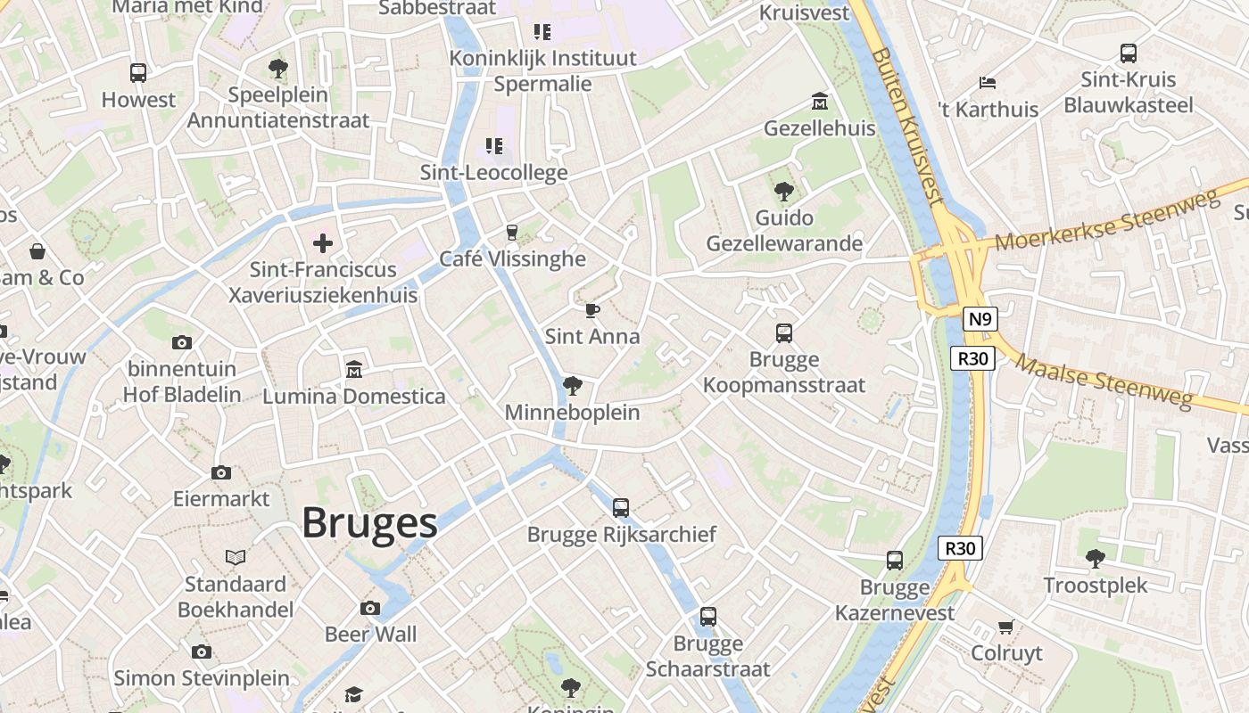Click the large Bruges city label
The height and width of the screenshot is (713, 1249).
pyautogui.click(x=369, y=523)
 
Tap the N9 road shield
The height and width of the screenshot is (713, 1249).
pyautogui.click(x=980, y=319)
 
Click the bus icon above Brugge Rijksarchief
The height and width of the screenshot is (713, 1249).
pyautogui.click(x=621, y=508)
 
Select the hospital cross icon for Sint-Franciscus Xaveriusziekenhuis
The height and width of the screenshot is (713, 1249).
pyautogui.click(x=323, y=242)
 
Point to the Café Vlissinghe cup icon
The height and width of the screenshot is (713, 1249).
pyautogui.click(x=511, y=233)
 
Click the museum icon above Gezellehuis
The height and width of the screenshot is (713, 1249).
pyautogui.click(x=819, y=102)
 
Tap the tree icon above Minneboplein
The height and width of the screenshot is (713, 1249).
pyautogui.click(x=572, y=386)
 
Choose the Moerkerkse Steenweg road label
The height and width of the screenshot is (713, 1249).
pyautogui.click(x=1106, y=222)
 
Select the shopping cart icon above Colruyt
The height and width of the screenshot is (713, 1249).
pyautogui.click(x=1006, y=627)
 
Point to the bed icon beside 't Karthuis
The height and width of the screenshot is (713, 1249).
pyautogui.click(x=987, y=83)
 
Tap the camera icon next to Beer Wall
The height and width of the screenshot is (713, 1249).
pyautogui.click(x=370, y=608)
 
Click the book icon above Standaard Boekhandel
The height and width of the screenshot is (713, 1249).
pyautogui.click(x=236, y=558)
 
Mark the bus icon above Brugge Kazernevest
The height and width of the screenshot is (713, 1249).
pyautogui.click(x=895, y=561)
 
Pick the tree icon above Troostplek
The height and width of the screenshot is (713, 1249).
pyautogui.click(x=1096, y=559)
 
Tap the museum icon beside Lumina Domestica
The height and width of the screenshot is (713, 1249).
pyautogui.click(x=354, y=369)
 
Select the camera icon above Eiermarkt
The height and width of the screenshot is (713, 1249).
pyautogui.click(x=221, y=472)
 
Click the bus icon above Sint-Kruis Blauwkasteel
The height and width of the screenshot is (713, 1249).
pyautogui.click(x=1128, y=53)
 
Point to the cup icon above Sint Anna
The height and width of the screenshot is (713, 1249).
pyautogui.click(x=592, y=310)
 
